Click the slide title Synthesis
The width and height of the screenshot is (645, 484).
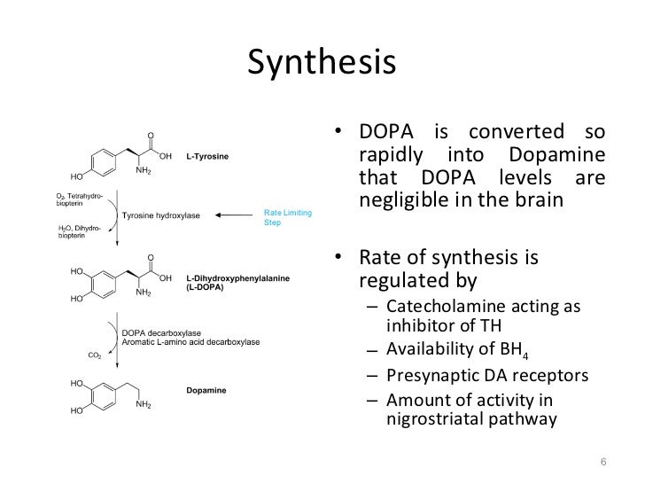tap(321, 61)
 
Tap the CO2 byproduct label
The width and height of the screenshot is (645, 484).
tap(95, 356)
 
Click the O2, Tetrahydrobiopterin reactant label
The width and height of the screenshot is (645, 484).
tap(81, 198)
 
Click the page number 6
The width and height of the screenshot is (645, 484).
tap(603, 461)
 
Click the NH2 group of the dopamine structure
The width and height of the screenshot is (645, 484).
tap(144, 405)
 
